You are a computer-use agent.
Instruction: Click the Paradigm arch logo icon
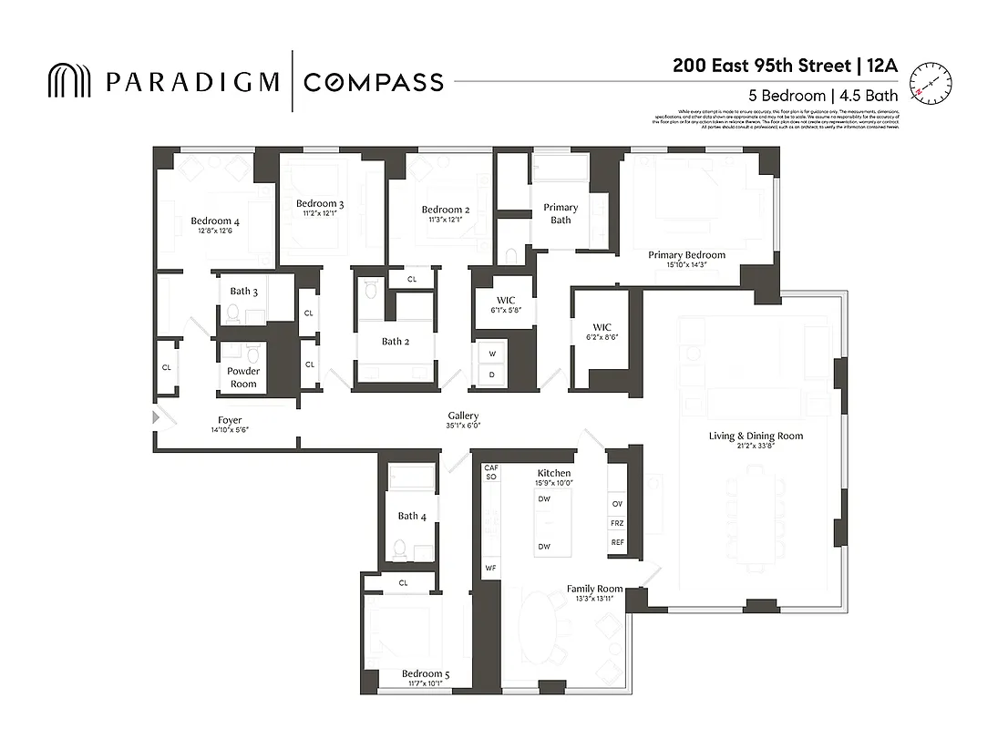pos(69,81)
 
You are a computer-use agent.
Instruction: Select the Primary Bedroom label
pos(686,254)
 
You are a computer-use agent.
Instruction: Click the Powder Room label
pos(243,377)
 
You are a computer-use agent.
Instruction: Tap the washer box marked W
pos(492,354)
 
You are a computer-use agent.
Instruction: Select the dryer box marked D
pos(492,375)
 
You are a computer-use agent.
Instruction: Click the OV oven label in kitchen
pos(617,504)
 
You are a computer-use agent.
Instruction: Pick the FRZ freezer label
pos(617,524)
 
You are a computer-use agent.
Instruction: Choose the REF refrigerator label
pos(617,543)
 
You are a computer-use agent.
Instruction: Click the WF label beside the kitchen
pos(490,568)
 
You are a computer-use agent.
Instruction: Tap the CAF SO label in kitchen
pos(490,472)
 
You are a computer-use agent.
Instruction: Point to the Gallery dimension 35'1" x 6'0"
pos(462,426)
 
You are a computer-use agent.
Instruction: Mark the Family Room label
pos(594,589)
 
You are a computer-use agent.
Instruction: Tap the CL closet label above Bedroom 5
pos(403,582)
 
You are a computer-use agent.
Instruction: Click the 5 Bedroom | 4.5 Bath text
pos(823,95)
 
